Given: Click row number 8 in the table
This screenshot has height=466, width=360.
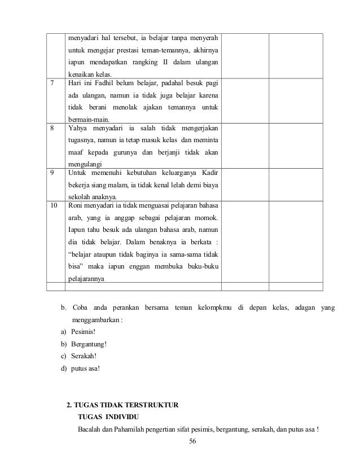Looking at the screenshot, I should coord(52,128).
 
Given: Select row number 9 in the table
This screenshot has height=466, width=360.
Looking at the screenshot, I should coord(52,173).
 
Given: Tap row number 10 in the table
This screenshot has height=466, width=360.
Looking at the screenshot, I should coord(54,205).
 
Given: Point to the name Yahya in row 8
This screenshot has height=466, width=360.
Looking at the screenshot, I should coord(79,128).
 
